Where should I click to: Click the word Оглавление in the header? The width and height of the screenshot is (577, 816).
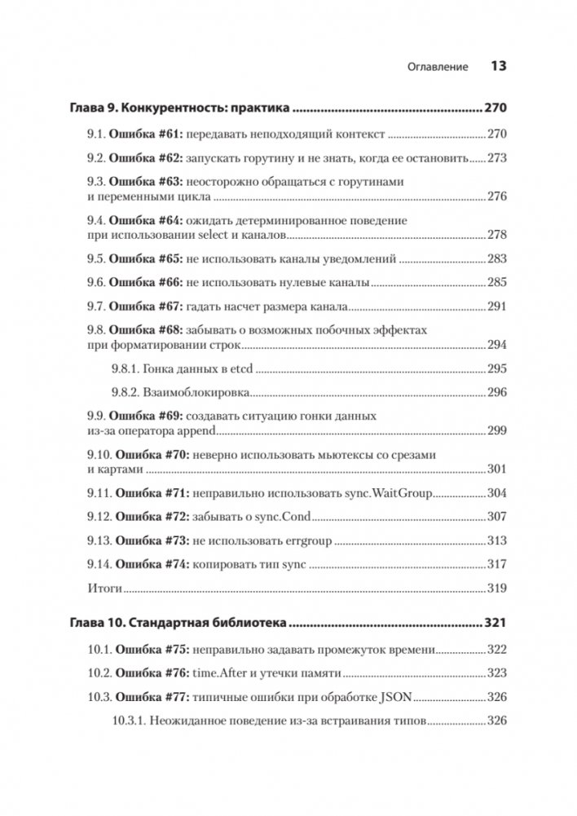click(x=437, y=68)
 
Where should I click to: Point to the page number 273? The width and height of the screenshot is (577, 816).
click(x=496, y=157)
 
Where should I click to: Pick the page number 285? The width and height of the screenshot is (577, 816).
click(x=496, y=282)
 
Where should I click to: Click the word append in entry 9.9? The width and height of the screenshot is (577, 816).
click(x=192, y=430)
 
